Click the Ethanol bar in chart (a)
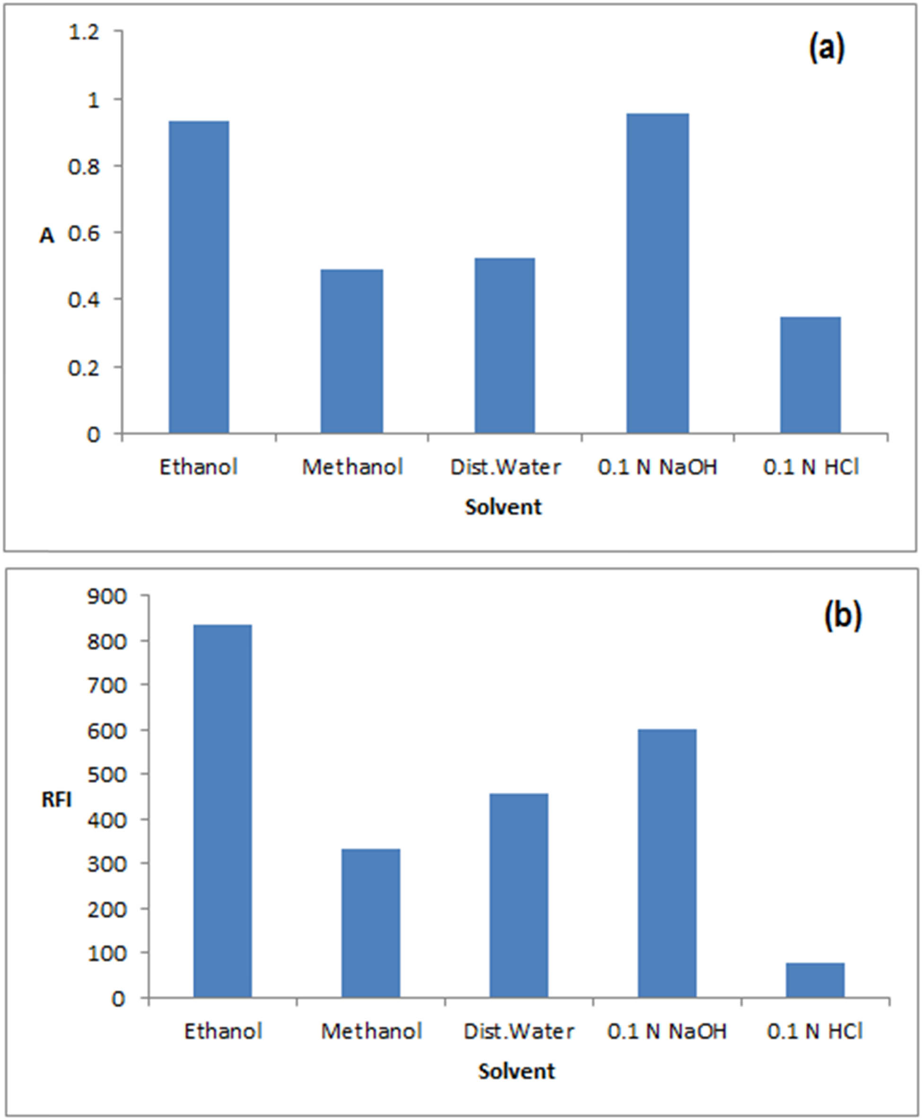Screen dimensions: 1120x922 [x=199, y=277]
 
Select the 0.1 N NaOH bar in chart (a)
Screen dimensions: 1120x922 [x=658, y=273]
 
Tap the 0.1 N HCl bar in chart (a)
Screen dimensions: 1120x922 [x=810, y=375]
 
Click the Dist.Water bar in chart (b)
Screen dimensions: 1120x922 [x=518, y=896]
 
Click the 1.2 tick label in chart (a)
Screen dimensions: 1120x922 [x=84, y=33]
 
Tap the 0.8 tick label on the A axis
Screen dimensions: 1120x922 [x=84, y=167]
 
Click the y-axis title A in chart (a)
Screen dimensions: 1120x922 [x=47, y=236]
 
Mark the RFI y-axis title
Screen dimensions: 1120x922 [x=56, y=800]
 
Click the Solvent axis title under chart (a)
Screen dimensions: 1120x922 [x=503, y=507]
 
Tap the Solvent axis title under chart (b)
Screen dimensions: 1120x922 [x=516, y=1071]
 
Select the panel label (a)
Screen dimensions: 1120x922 [x=826, y=49]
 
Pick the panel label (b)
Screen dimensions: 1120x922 [x=843, y=616]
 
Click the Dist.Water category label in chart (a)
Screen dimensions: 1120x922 [x=505, y=467]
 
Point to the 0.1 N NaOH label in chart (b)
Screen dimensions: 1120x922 [x=667, y=1031]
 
